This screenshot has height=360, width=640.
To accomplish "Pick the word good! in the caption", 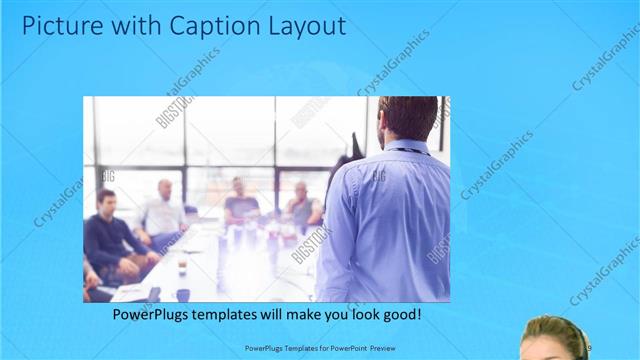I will [399, 315].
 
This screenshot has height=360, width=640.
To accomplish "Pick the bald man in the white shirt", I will [163, 210].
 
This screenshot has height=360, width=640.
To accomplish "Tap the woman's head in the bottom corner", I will [552, 338].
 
